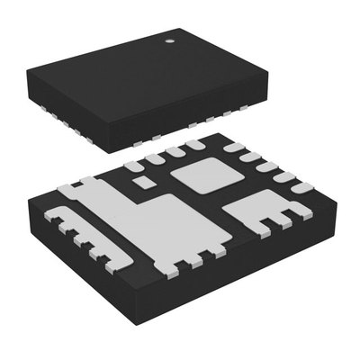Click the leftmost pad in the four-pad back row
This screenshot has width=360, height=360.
pyautogui.click(x=132, y=164)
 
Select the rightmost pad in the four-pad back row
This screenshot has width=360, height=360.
pyautogui.click(x=193, y=145)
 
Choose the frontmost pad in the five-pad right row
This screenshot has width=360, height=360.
pyautogui.click(x=296, y=191)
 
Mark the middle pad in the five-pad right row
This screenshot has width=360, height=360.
pyautogui.click(x=265, y=167)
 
